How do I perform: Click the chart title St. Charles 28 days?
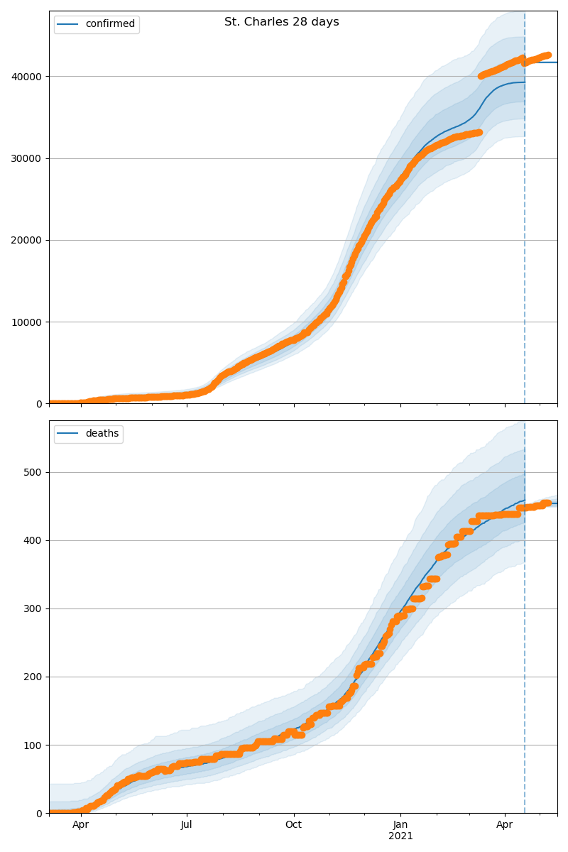pyautogui.click(x=282, y=22)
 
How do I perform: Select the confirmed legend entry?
pyautogui.click(x=97, y=24)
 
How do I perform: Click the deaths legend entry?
pyautogui.click(x=88, y=433)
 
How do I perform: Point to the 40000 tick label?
pyautogui.click(x=26, y=77)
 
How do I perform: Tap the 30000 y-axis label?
pyautogui.click(x=26, y=158)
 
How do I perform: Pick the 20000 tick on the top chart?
pyautogui.click(x=26, y=241)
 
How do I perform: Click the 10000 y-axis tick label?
pyautogui.click(x=26, y=322)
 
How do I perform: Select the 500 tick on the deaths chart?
pyautogui.click(x=33, y=472)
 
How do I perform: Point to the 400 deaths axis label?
pyautogui.click(x=33, y=540)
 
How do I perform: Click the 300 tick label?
pyautogui.click(x=33, y=609)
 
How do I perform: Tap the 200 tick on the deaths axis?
pyautogui.click(x=33, y=677)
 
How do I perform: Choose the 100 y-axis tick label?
pyautogui.click(x=33, y=745)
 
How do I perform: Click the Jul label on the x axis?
pyautogui.click(x=187, y=824)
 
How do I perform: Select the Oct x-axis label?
pyautogui.click(x=294, y=824)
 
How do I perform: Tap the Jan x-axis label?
pyautogui.click(x=400, y=824)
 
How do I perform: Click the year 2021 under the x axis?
pyautogui.click(x=400, y=836)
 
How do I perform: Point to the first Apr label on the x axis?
pyautogui.click(x=81, y=824)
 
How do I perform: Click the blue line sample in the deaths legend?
pyautogui.click(x=67, y=433)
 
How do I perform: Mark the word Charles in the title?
pyautogui.click(x=265, y=22)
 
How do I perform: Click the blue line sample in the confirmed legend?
pyautogui.click(x=67, y=24)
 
